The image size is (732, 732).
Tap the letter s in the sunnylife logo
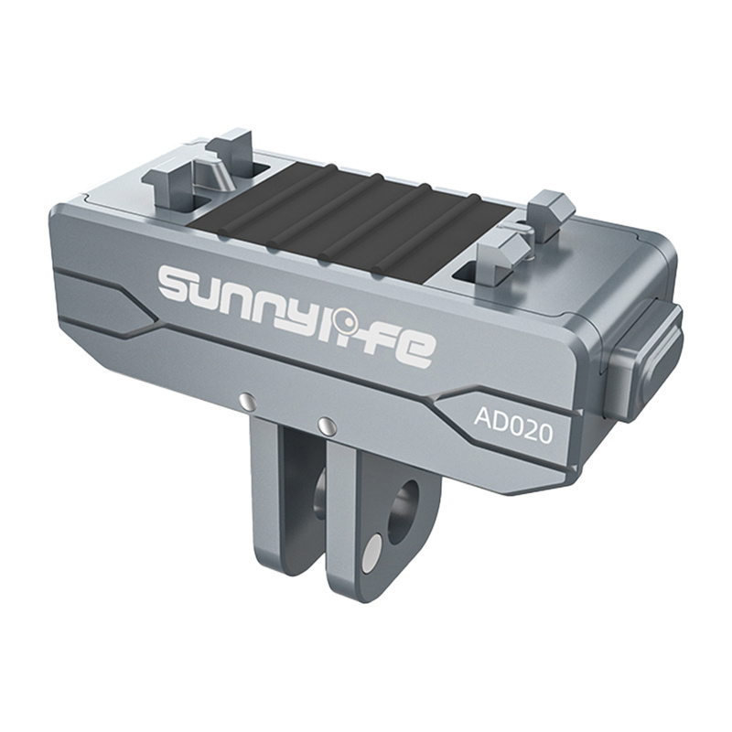click(180, 285)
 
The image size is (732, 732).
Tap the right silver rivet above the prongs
click(324, 424)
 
